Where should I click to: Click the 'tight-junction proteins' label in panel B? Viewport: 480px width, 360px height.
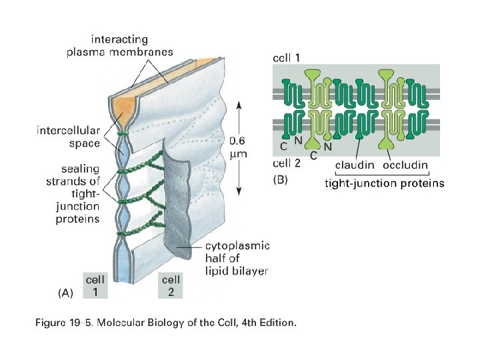click(384, 183)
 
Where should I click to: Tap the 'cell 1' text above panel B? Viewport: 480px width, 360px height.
click(287, 58)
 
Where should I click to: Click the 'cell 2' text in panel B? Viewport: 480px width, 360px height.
click(287, 162)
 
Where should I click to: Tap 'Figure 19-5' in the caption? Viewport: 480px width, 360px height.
click(65, 323)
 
